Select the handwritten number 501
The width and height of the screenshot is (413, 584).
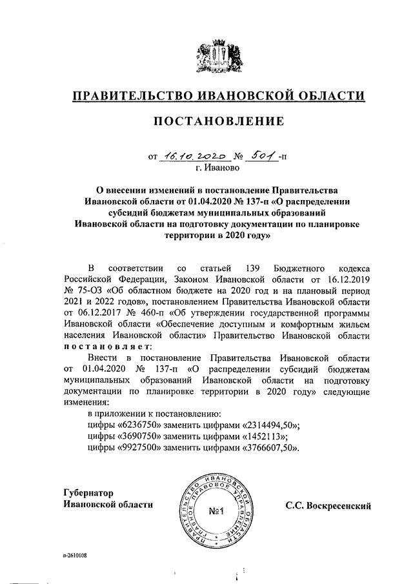(261, 155)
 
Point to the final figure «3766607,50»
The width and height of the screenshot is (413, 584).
(270, 448)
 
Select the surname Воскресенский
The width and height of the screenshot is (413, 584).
(338, 505)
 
